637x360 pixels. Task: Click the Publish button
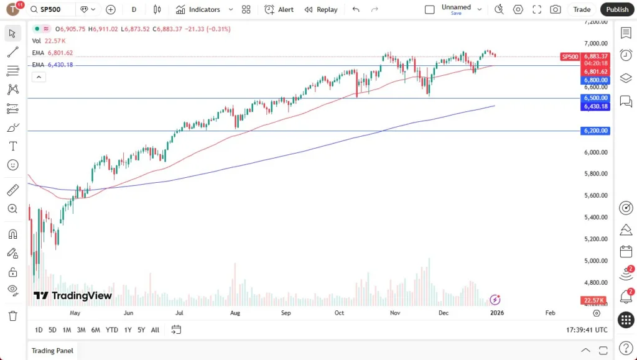(617, 9)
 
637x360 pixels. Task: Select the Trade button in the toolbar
(582, 9)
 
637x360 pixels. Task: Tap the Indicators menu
(198, 9)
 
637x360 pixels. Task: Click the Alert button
(279, 9)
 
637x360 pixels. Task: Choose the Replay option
(321, 9)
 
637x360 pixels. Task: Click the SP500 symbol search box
(52, 9)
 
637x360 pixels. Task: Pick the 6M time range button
(96, 330)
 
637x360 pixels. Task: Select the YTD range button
(112, 330)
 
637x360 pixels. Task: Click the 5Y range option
(141, 330)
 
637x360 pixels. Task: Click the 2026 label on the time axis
(497, 313)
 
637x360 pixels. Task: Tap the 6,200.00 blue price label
(595, 131)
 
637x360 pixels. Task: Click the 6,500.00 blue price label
(595, 98)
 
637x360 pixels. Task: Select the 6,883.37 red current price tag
(596, 57)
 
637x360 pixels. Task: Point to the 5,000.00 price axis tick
(595, 261)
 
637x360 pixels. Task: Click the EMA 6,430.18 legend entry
(53, 65)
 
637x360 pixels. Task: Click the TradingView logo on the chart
(73, 296)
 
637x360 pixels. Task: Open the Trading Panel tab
(52, 351)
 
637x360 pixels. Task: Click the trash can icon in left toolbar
(12, 316)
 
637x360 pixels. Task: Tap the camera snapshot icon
(555, 9)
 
